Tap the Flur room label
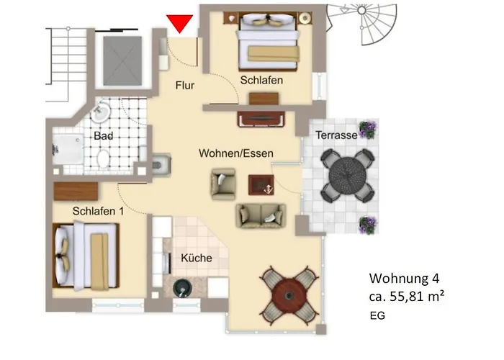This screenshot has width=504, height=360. point(185,86)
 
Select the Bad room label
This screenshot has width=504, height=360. point(103,135)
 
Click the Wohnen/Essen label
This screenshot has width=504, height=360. point(236,153)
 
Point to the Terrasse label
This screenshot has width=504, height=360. point(336,135)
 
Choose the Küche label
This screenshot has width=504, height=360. point(195,258)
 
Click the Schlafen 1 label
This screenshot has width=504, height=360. point(98,211)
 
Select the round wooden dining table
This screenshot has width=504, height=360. point(289,292)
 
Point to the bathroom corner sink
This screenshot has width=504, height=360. point(102,112)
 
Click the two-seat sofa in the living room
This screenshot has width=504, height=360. point(261,215)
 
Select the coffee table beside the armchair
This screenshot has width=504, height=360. point(261,185)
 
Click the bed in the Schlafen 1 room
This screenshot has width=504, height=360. point(85,256)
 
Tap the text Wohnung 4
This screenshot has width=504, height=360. point(403,279)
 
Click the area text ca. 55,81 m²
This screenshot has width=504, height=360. point(407,296)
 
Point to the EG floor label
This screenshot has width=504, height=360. point(377,315)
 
